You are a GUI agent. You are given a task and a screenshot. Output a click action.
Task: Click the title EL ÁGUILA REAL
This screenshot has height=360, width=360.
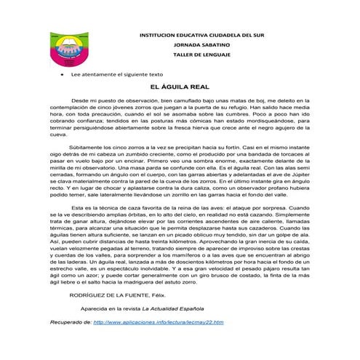[x=174, y=86]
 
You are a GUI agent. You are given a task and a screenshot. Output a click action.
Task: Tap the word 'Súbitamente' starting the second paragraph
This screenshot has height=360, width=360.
[x=85, y=146]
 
